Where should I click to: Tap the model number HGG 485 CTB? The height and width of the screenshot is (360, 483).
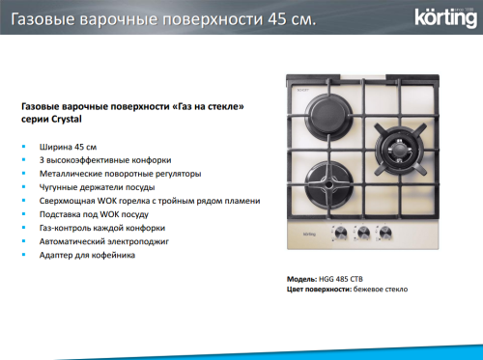tap(343, 278)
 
